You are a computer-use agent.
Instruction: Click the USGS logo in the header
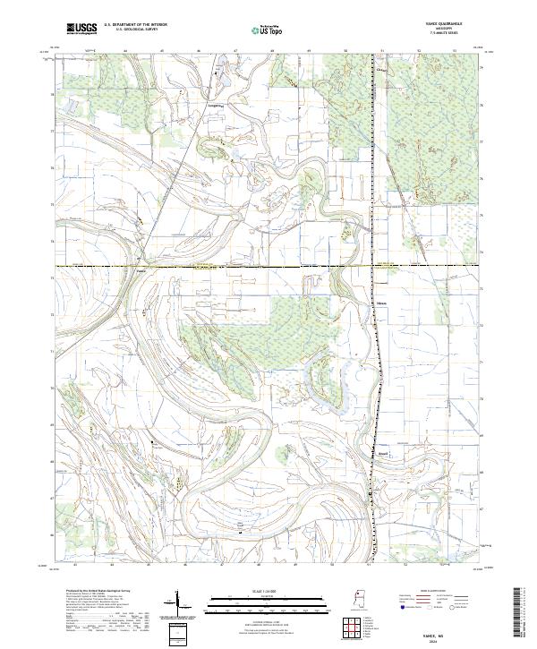(x=81, y=29)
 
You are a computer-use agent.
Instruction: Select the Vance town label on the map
(x=141, y=270)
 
